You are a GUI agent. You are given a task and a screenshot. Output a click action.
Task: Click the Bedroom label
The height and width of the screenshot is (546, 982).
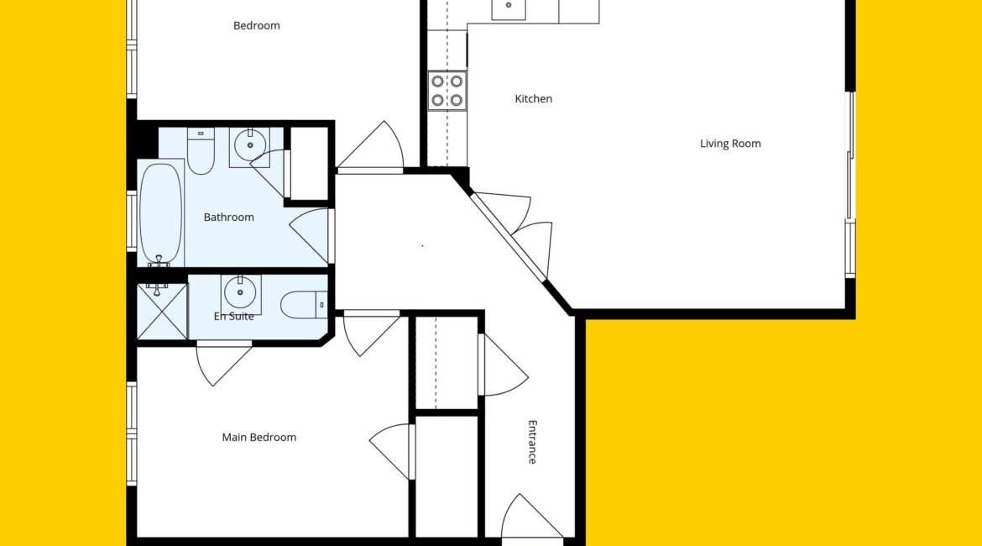click(257, 26)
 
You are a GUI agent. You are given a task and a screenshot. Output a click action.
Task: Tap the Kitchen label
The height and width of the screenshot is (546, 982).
click(534, 99)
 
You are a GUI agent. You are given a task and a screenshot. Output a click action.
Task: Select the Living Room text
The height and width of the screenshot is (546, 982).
click(730, 144)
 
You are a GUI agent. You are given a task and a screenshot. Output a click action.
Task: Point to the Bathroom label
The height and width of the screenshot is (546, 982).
click(228, 218)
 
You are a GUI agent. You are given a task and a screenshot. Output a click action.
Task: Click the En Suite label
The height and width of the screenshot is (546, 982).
click(233, 316)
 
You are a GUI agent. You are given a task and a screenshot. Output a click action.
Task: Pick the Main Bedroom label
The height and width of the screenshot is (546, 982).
click(259, 438)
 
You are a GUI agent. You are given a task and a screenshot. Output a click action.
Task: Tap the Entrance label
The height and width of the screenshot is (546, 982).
click(532, 442)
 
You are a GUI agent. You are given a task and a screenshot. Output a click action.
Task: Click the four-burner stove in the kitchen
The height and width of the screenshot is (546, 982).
click(447, 90)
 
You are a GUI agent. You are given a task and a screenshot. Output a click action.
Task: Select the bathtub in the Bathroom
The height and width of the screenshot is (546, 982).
click(161, 213)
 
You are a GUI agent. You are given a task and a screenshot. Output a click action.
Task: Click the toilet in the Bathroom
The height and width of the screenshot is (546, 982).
click(201, 151)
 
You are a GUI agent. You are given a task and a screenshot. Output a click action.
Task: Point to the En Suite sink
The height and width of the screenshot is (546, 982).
click(241, 293)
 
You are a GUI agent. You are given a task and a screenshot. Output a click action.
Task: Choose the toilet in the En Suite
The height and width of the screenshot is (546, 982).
click(304, 305)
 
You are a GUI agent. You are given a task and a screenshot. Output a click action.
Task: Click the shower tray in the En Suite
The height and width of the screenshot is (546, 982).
click(162, 312)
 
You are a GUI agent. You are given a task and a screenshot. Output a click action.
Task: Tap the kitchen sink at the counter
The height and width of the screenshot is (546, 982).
click(509, 8)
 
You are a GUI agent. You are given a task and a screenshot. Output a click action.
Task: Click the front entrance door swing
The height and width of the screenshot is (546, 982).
click(531, 518)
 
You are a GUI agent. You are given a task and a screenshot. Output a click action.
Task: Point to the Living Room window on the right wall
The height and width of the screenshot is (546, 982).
click(850, 185)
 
